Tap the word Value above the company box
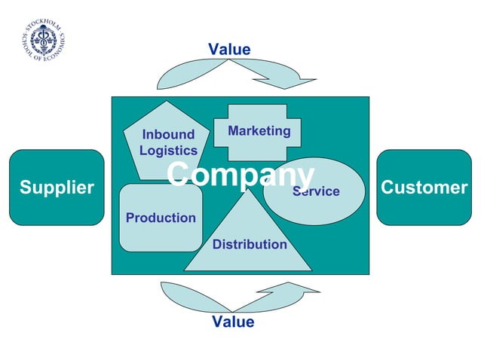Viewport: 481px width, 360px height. (x=229, y=50)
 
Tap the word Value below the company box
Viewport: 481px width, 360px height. (x=233, y=322)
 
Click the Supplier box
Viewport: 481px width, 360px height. (x=57, y=188)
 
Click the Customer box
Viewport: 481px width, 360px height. (x=424, y=188)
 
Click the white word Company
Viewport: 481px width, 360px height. (x=240, y=174)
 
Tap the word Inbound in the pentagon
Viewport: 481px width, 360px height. (x=168, y=135)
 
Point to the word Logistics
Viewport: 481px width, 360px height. (x=168, y=150)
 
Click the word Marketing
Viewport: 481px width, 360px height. (x=259, y=131)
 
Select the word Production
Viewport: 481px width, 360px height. (x=161, y=218)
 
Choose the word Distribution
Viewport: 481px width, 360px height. (x=250, y=244)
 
